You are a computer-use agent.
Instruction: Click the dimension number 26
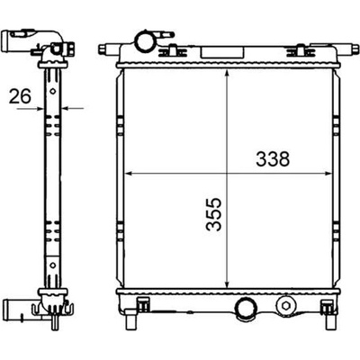tap(20, 96)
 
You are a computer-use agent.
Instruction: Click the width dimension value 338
tap(273, 159)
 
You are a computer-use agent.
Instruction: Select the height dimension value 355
tap(213, 214)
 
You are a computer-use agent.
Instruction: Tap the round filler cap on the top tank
tap(145, 41)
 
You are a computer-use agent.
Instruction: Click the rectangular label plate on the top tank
tap(222, 52)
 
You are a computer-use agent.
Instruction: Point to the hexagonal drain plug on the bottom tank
tap(285, 305)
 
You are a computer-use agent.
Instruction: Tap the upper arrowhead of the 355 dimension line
tap(227, 75)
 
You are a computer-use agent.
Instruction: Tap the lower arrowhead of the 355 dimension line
tap(227, 283)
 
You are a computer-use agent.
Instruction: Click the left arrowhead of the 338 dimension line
tap(129, 174)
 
